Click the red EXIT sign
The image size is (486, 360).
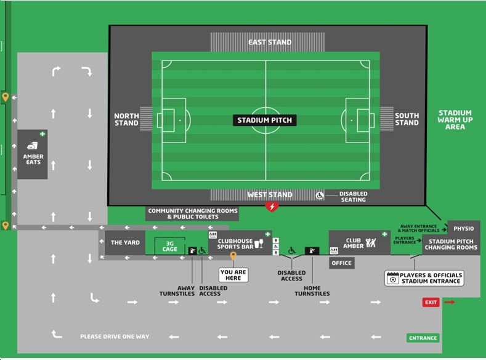tap(431, 302)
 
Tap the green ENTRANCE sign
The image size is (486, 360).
tap(423, 338)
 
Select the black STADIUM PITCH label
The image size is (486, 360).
tap(265, 120)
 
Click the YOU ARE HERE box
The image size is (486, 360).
tap(233, 275)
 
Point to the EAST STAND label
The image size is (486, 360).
tap(270, 43)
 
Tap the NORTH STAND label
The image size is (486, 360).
tap(126, 119)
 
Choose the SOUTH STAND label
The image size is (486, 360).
tap(407, 119)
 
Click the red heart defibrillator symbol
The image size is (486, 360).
tap(272, 207)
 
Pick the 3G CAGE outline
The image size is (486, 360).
tap(169, 247)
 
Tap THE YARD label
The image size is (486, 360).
tap(125, 243)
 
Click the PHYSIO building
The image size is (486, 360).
tap(463, 229)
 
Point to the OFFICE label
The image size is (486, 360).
tap(341, 263)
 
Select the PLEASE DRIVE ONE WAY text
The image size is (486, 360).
tap(115, 337)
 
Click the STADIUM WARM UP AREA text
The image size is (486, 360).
tap(455, 120)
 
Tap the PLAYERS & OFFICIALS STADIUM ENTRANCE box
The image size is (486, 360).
tap(424, 278)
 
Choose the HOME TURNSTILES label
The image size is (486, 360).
tap(312, 290)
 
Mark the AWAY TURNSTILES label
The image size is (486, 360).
tap(186, 290)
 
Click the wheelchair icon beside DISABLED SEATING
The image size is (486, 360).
tap(320, 195)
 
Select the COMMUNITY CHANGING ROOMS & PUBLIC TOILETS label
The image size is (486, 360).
tap(192, 214)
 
